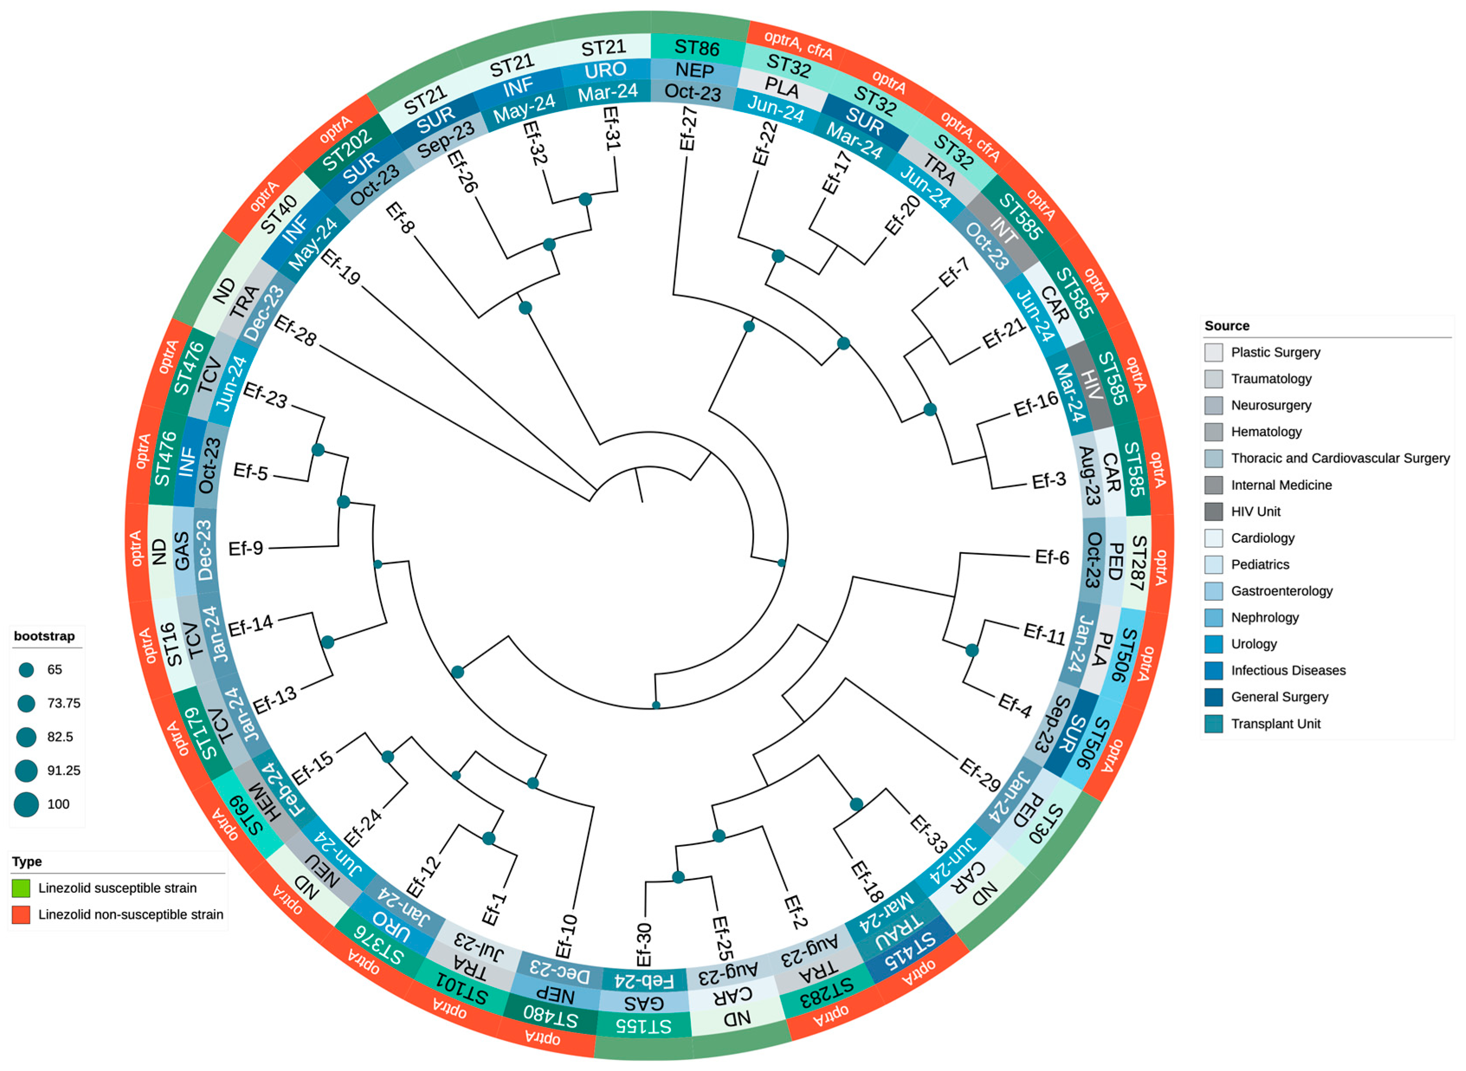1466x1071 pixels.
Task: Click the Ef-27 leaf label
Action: pyautogui.click(x=689, y=129)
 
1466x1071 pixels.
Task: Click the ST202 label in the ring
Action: pyautogui.click(x=347, y=150)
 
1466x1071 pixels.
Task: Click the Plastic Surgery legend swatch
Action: pyautogui.click(x=1214, y=353)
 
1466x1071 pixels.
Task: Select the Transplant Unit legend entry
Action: pyautogui.click(x=1276, y=724)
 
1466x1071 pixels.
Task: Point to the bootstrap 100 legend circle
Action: pyautogui.click(x=26, y=804)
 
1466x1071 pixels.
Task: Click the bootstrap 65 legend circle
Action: pyautogui.click(x=26, y=670)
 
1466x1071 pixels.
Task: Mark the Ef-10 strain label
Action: pyautogui.click(x=566, y=936)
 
